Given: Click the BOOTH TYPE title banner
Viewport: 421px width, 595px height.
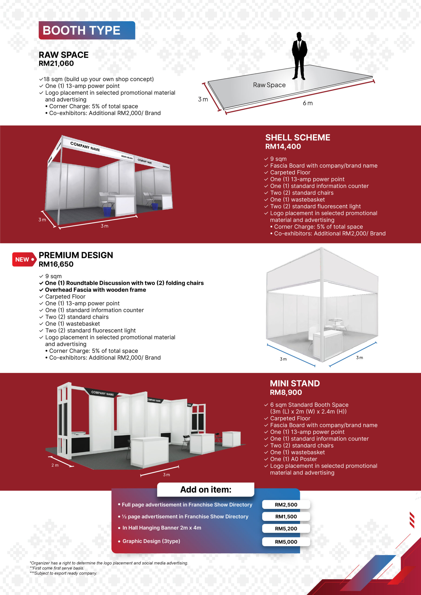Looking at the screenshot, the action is (x=87, y=30).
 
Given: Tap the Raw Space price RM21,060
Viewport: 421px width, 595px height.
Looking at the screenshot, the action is (x=56, y=63).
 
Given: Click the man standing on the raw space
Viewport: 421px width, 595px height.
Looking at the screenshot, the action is (x=299, y=56).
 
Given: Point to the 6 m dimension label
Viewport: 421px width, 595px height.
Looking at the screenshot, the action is (x=308, y=103).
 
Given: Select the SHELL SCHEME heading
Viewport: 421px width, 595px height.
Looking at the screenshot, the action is (x=297, y=137).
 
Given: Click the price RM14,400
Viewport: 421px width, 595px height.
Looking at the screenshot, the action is (x=283, y=147).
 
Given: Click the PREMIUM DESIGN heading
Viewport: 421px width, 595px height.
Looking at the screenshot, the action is (x=76, y=255).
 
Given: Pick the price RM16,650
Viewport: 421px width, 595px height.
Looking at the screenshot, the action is (x=56, y=264).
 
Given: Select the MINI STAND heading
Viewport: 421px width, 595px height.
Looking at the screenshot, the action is (x=295, y=383).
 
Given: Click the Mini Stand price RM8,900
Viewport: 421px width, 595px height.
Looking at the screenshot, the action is (x=286, y=393).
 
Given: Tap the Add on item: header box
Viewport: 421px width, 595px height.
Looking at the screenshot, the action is (x=206, y=489).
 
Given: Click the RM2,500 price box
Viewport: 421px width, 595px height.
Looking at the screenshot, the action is (x=286, y=505).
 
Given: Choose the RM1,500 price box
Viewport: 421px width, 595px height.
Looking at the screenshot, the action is (x=286, y=516).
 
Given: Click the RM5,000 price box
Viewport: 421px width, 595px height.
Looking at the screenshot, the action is (x=286, y=542).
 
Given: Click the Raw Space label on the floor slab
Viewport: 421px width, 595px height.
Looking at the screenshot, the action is (x=269, y=85).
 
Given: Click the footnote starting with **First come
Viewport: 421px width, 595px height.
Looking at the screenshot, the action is (x=57, y=568).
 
